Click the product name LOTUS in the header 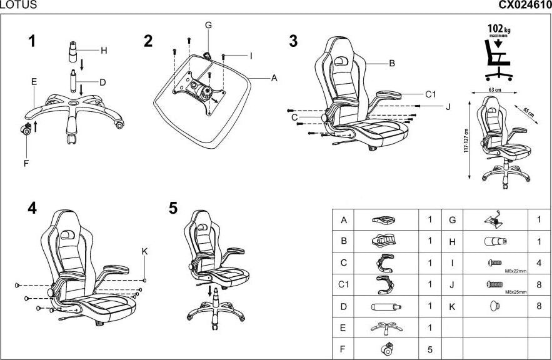point(18,5)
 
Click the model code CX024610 point(524,5)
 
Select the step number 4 point(32,208)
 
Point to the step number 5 point(173,208)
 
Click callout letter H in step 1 point(104,50)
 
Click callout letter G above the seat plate point(208,25)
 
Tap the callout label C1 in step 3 point(430,94)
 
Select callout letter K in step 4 point(144,251)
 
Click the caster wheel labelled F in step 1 point(27,130)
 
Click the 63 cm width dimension point(494,91)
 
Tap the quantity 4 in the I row point(539,262)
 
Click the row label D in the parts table point(343,306)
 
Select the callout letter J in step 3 point(448,107)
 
